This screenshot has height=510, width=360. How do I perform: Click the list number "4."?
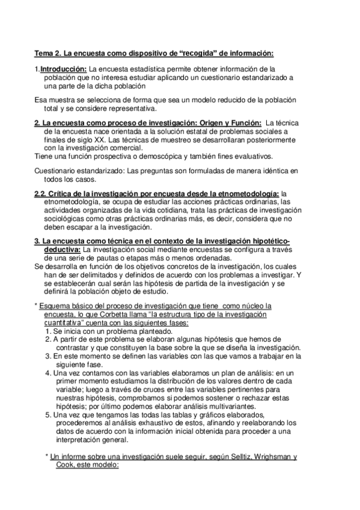[x=48, y=372]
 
